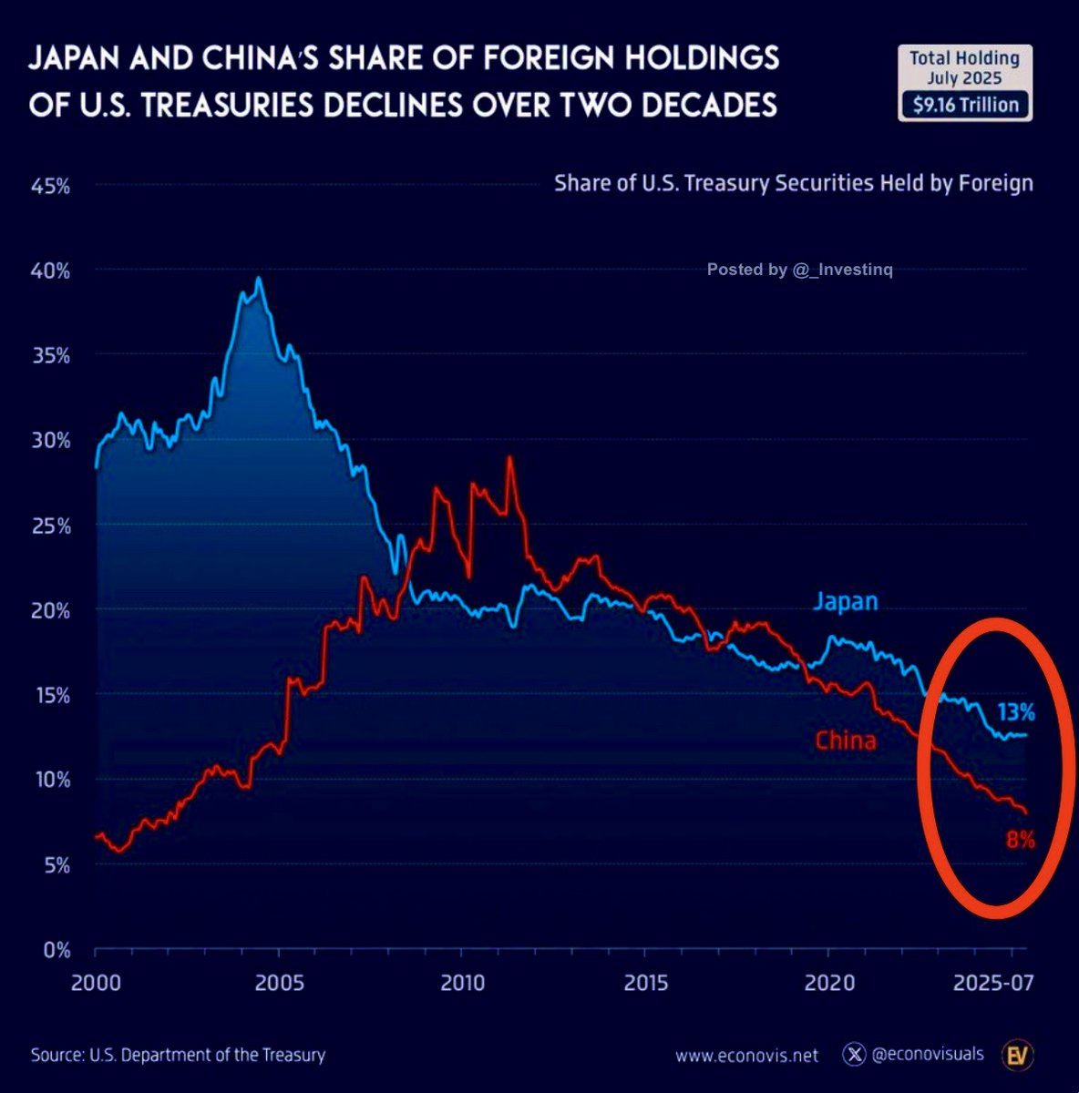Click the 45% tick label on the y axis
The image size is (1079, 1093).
[51, 187]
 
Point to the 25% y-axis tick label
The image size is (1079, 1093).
[51, 526]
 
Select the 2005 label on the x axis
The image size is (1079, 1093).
[279, 984]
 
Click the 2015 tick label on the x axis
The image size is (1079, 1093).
[646, 984]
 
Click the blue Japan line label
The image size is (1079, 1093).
[846, 601]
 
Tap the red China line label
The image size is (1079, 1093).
[846, 740]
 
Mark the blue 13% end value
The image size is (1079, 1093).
[1015, 712]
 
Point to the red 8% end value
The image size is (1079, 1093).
[1020, 840]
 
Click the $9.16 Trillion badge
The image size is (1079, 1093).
[965, 105]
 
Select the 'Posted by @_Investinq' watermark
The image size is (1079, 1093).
[800, 270]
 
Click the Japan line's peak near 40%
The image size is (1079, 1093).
[259, 279]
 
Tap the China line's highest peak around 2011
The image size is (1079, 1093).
[509, 458]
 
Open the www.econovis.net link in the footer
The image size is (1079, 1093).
[746, 1056]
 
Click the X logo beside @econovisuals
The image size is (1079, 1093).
[854, 1055]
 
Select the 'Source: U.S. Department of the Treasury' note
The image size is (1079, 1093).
[178, 1056]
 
